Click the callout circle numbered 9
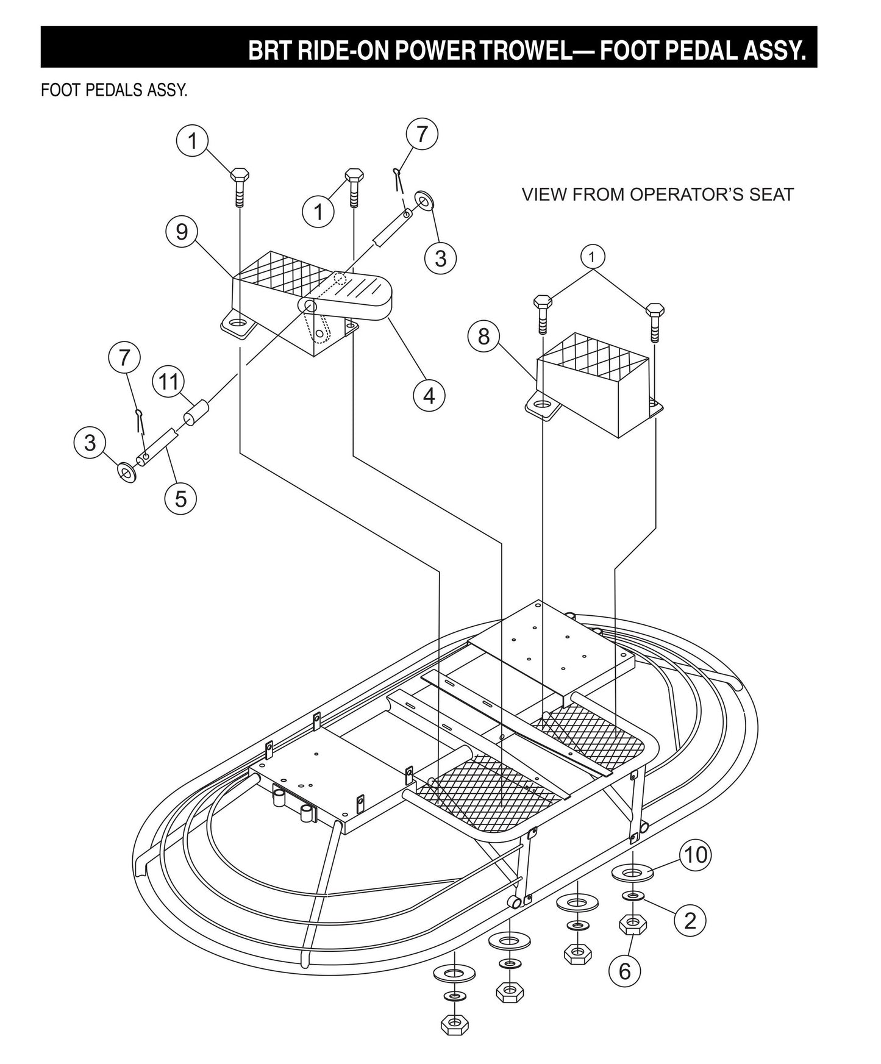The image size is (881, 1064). (x=181, y=232)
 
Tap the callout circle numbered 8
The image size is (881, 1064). (x=483, y=336)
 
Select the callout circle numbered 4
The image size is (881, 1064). (x=429, y=395)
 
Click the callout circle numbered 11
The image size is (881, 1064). (x=168, y=382)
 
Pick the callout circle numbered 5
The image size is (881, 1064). (x=181, y=498)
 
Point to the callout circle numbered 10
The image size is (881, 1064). (x=695, y=854)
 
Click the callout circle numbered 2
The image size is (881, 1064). (x=690, y=920)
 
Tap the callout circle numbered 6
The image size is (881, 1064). (x=624, y=971)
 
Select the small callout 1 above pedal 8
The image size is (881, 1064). (x=591, y=256)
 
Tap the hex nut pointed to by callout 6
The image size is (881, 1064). (x=633, y=926)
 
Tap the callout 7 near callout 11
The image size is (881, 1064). (x=124, y=357)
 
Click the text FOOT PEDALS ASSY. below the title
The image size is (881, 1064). (x=114, y=90)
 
